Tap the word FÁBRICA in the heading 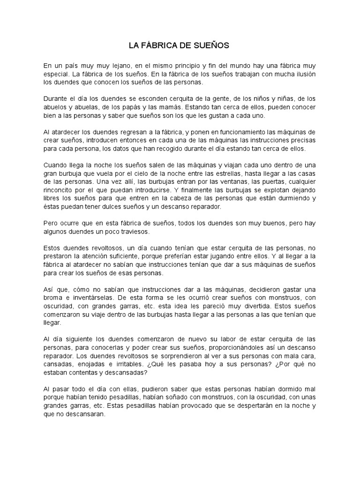coord(157,45)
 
